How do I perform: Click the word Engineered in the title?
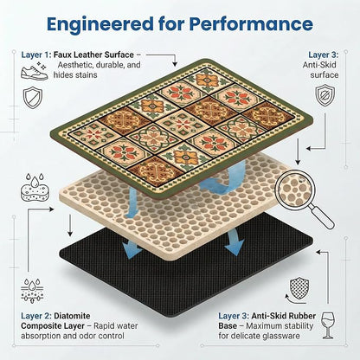click(100, 25)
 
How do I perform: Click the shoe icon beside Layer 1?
click(35, 73)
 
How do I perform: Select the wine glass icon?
click(328, 325)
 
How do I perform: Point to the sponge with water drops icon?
click(35, 187)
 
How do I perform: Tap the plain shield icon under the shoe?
click(33, 98)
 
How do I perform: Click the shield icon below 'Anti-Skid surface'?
click(325, 95)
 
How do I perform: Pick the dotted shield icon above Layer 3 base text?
click(299, 289)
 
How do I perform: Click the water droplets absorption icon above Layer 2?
click(32, 291)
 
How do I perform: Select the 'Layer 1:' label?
click(36, 55)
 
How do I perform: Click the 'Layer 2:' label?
click(36, 316)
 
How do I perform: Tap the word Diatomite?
click(72, 316)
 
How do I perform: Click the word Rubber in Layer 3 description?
click(303, 316)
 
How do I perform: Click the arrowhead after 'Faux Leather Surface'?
click(175, 64)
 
